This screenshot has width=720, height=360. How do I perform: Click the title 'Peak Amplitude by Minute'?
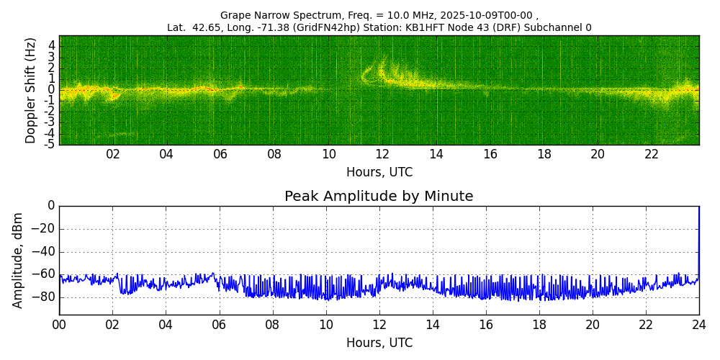pos(379,197)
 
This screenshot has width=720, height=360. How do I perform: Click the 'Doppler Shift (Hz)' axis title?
pos(30,90)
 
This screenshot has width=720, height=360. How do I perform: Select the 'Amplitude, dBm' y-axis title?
pos(19,260)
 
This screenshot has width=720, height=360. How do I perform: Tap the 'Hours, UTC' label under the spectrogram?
pos(379,173)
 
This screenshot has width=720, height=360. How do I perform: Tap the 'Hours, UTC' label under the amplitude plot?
pos(379,343)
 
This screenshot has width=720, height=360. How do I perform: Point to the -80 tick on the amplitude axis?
pos(45,297)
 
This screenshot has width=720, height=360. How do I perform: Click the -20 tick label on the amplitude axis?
pos(45,229)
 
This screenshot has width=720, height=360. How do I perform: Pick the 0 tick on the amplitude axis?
pos(51,206)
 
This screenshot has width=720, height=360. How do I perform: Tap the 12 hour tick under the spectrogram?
pos(382,155)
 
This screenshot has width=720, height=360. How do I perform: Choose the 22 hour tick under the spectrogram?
pos(652,155)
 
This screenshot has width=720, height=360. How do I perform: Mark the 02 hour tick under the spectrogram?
pos(113,155)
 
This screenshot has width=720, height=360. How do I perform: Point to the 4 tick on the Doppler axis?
pos(52,45)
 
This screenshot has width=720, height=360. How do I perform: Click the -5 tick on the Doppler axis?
pos(49,144)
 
